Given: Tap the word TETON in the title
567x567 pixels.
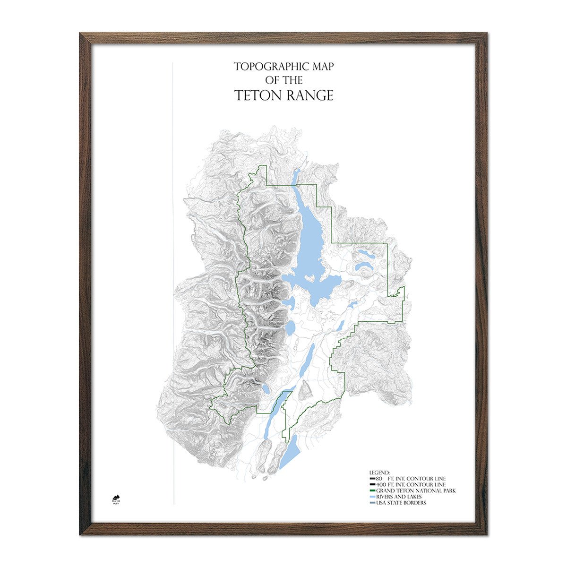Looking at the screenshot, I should (258, 95).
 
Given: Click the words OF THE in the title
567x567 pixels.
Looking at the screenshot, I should (284, 80).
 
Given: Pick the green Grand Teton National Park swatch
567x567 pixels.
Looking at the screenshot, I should (372, 491).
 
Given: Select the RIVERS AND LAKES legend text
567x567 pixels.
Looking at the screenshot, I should (399, 497).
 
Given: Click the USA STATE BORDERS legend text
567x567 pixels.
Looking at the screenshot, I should (401, 503).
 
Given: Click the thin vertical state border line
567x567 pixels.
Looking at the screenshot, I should (174, 283).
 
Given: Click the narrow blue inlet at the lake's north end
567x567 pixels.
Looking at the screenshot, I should (296, 177).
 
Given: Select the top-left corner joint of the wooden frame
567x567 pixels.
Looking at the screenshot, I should (86, 39).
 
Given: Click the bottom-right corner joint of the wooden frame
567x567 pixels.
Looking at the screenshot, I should (481, 528).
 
